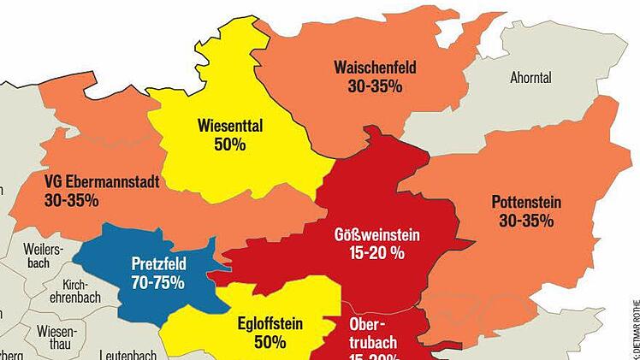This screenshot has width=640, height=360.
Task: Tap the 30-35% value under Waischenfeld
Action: click(376, 86)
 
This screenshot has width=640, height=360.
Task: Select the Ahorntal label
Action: click(530, 78)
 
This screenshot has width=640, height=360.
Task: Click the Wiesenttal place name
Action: click(229, 126)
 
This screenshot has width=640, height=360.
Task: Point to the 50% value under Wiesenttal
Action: click(230, 145)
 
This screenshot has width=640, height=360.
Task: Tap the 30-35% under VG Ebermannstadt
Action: click(71, 201)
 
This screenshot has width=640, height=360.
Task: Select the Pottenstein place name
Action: click(526, 203)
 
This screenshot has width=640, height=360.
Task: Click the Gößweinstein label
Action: click(380, 234)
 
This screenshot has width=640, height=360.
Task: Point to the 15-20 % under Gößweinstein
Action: click(382, 253)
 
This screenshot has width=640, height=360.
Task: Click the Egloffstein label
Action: click(270, 324)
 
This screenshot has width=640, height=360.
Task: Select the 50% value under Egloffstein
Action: click(269, 343)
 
